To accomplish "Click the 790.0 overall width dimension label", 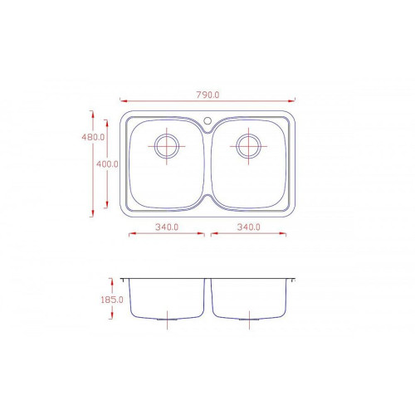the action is (x=207, y=95).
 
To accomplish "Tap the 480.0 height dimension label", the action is (x=93, y=137).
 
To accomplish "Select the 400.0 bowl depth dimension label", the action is (x=107, y=164).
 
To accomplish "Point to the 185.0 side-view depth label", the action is (x=112, y=300).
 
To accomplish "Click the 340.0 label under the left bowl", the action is (x=167, y=227).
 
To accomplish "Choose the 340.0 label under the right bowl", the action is (x=249, y=227).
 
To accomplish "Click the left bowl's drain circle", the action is (x=167, y=146).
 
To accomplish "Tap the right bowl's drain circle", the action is (x=248, y=146).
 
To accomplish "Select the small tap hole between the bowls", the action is (x=207, y=120).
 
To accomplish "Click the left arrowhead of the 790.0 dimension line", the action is (x=124, y=101).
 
